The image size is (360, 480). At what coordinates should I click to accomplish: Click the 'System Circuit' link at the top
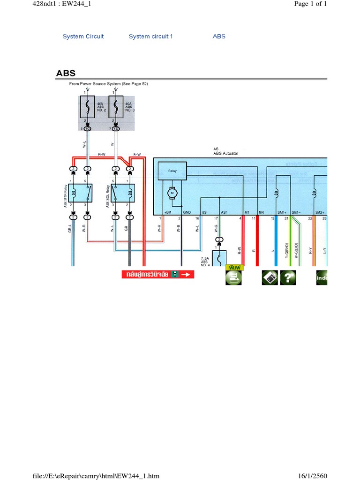(x=83, y=37)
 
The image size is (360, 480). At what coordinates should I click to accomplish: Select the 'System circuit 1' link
(x=150, y=37)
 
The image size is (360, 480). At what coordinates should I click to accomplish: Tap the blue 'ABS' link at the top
(x=219, y=37)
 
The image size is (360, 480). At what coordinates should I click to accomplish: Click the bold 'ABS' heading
(x=66, y=73)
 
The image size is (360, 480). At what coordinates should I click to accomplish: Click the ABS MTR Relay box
(x=81, y=193)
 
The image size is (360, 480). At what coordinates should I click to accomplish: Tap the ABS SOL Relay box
(x=122, y=193)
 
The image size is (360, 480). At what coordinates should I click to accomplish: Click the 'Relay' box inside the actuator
(x=172, y=172)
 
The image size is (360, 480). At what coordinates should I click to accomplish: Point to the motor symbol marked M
(x=172, y=193)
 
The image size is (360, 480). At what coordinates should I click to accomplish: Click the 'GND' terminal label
(x=187, y=212)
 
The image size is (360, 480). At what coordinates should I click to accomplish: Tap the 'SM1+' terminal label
(x=282, y=212)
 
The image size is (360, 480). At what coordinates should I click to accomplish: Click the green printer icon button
(x=233, y=277)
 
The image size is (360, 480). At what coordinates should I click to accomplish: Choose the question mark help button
(x=288, y=277)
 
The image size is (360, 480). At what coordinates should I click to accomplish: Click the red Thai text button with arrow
(x=157, y=275)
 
